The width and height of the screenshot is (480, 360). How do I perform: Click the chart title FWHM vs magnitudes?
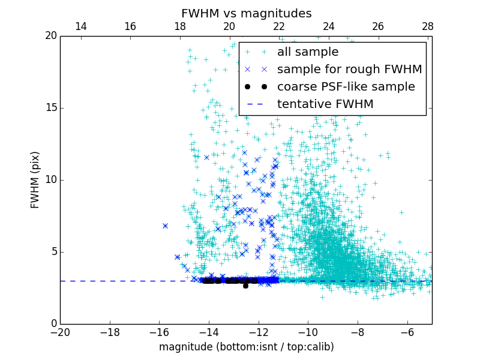click(x=246, y=13)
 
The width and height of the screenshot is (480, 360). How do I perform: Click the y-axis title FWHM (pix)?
click(x=35, y=179)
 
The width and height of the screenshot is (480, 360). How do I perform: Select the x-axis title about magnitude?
click(x=246, y=347)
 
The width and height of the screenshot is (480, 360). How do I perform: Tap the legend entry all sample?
click(x=307, y=52)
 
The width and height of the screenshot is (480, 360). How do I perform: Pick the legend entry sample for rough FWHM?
click(x=349, y=70)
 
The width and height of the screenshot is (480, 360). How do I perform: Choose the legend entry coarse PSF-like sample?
click(x=346, y=87)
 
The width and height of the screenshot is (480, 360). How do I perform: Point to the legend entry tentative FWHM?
click(x=325, y=104)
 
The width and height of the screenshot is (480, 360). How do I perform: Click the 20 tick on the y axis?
click(x=50, y=36)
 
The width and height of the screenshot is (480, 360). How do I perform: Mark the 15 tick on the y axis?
click(x=50, y=108)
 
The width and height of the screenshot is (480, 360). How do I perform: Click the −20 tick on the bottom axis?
click(x=60, y=332)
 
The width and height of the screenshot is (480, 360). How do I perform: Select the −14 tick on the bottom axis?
click(x=209, y=332)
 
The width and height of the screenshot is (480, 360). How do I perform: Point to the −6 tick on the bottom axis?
click(x=407, y=332)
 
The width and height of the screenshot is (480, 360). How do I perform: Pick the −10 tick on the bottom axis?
click(x=308, y=332)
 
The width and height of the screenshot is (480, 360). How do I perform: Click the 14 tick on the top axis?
click(x=80, y=26)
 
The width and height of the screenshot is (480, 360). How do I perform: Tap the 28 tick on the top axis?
click(x=427, y=26)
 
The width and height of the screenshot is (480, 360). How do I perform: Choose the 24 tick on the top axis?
click(x=328, y=26)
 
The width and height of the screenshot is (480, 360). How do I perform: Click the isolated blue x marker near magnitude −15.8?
click(x=165, y=226)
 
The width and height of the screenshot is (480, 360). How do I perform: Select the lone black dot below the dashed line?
click(x=245, y=286)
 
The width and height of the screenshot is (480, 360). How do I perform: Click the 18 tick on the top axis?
click(x=179, y=26)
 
